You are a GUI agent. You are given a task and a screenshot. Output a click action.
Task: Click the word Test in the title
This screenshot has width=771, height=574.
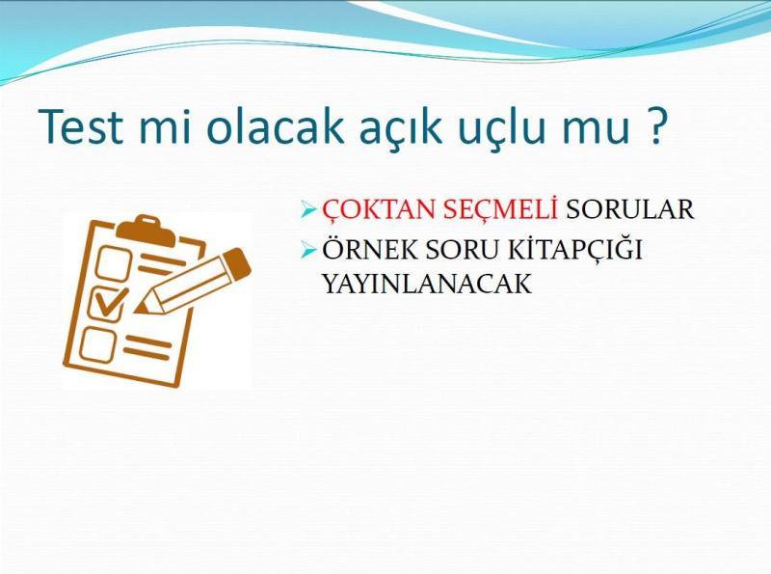click(x=80, y=125)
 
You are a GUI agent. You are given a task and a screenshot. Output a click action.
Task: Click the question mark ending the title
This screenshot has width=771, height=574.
click(x=655, y=125)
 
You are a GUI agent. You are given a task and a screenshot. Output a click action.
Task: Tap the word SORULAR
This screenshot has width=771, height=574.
click(x=629, y=208)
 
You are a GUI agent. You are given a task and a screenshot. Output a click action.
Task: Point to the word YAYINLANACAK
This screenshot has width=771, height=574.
click(x=427, y=284)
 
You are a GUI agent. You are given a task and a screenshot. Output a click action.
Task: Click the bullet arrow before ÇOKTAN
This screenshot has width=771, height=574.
click(x=308, y=210)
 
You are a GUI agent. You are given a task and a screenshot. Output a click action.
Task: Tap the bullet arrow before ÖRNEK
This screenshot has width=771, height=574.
click(x=308, y=250)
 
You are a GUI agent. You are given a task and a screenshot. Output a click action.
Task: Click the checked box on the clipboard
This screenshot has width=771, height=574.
click(x=108, y=303)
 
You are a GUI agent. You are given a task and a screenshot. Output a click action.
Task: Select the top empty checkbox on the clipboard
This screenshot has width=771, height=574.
click(x=113, y=263)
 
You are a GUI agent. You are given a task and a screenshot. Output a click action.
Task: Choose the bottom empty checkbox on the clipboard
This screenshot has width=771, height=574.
click(x=98, y=344)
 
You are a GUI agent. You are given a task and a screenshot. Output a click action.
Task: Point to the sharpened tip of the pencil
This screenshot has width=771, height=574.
click(x=140, y=308)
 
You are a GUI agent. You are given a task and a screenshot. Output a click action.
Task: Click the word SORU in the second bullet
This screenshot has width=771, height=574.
click(x=462, y=249)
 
